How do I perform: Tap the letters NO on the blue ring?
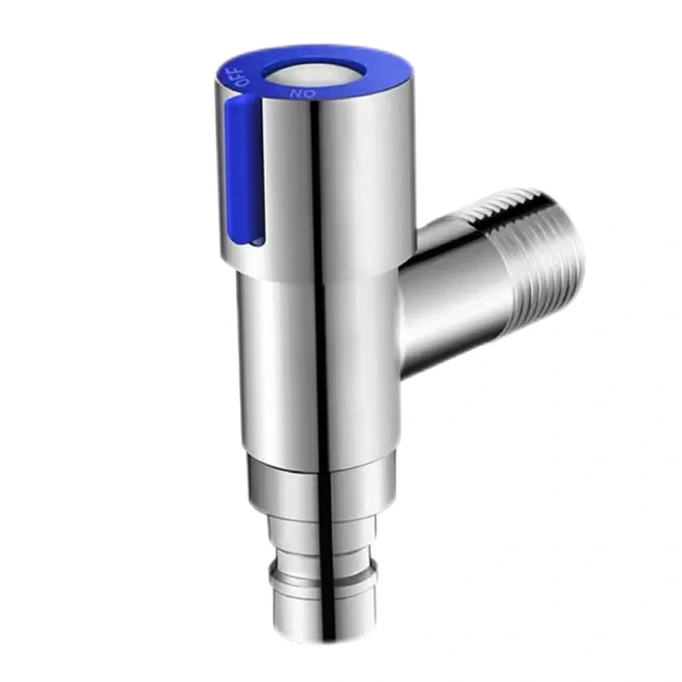tap(304, 93)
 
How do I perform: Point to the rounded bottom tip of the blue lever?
tap(240, 240)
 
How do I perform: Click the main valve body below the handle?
tap(318, 364)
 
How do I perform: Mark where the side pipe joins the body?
tap(405, 300)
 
